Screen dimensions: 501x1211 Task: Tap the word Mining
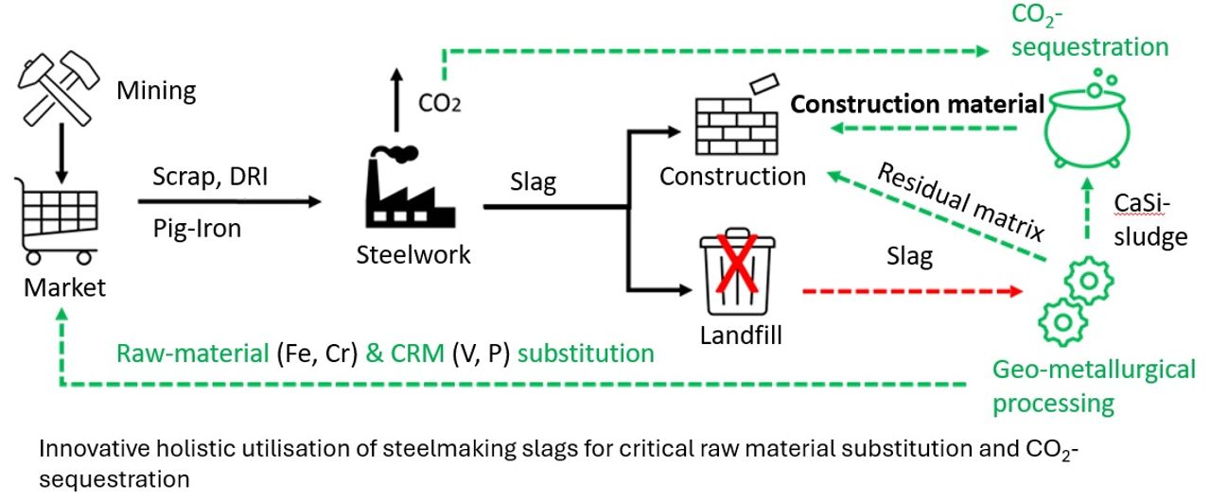156,92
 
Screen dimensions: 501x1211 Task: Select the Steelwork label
412,254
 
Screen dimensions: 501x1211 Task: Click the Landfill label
739,335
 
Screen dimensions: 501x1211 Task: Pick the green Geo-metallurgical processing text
1093,386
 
